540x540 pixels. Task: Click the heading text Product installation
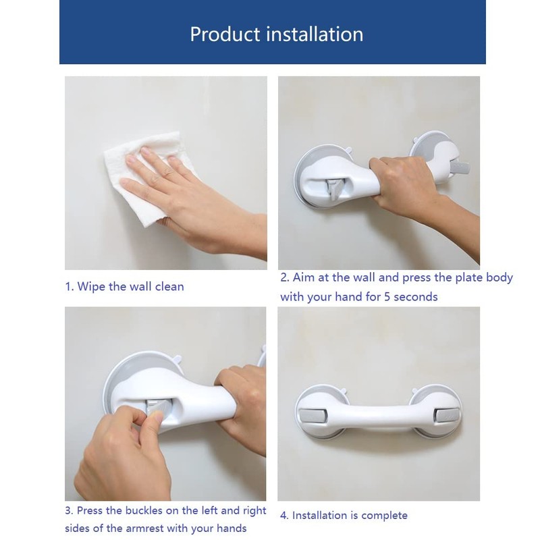(276, 34)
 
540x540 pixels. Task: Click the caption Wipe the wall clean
(124, 286)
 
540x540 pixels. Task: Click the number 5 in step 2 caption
(379, 296)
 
